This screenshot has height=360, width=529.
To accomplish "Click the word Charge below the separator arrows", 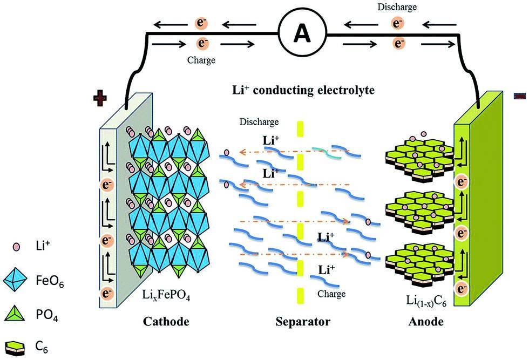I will pyautogui.click(x=331, y=293).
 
